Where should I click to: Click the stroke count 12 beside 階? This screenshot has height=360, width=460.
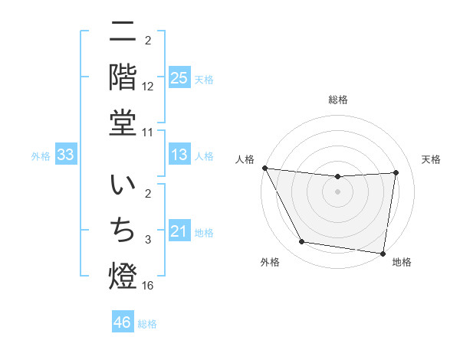click(149, 88)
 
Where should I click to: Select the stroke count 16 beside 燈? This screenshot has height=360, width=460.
click(149, 286)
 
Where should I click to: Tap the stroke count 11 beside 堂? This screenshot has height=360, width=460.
click(149, 133)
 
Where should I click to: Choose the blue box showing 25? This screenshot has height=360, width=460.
click(179, 78)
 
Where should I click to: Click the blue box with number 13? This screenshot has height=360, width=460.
click(179, 155)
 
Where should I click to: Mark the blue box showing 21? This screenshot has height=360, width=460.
click(179, 231)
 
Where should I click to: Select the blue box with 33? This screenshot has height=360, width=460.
click(65, 155)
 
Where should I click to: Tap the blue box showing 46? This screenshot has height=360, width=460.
click(122, 322)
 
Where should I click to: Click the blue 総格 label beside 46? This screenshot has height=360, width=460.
click(147, 324)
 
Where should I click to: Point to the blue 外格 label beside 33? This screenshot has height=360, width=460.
click(41, 156)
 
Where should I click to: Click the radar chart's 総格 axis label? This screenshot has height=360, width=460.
click(337, 100)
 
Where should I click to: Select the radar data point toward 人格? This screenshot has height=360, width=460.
click(265, 168)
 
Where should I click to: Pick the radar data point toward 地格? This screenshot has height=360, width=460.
click(383, 253)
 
